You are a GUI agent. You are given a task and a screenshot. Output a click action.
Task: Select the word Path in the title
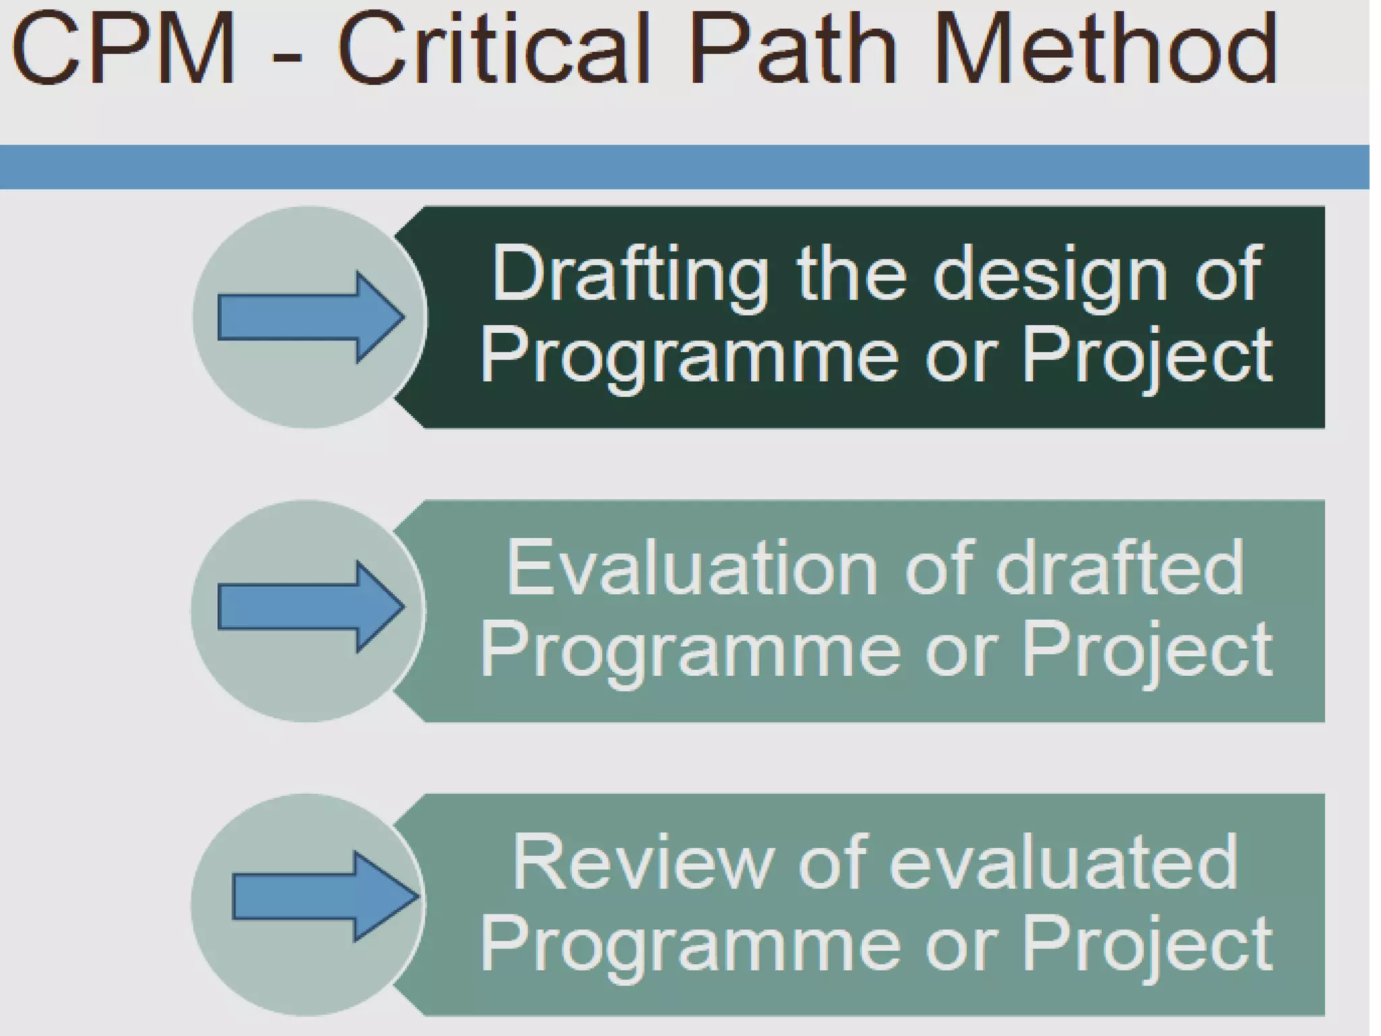coord(793,51)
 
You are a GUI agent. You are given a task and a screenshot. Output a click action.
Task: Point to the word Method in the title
coord(1105,51)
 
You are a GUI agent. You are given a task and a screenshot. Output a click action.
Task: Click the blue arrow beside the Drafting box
coord(310,317)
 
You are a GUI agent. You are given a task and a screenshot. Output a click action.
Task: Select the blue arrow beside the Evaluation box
coord(310,607)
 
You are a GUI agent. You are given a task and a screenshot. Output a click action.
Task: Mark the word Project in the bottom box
coord(1146,944)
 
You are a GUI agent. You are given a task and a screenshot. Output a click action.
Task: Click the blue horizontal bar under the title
coord(684,167)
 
